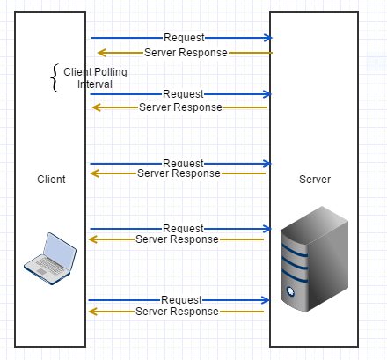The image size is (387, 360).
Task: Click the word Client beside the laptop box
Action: (x=51, y=179)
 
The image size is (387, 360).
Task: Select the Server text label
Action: (x=315, y=179)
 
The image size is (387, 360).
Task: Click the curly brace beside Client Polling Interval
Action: (x=55, y=77)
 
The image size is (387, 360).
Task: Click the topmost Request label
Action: (x=184, y=38)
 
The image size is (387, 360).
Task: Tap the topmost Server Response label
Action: (x=186, y=53)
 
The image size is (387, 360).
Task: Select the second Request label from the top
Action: (x=183, y=93)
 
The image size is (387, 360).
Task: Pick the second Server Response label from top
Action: (x=180, y=107)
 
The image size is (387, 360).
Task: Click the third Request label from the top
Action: (x=183, y=163)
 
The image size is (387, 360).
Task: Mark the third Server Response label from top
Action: (x=179, y=173)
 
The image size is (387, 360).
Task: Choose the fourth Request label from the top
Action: (x=183, y=229)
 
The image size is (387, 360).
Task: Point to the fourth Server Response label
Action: (x=177, y=239)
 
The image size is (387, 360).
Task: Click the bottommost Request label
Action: (x=182, y=300)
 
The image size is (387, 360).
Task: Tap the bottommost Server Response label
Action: (x=177, y=312)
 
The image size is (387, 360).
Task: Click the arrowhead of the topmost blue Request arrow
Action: (x=268, y=38)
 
